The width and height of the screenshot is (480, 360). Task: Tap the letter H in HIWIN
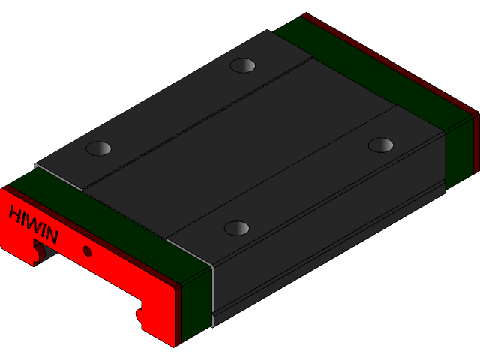tap(15, 213)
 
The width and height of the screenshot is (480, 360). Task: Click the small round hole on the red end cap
tap(88, 251)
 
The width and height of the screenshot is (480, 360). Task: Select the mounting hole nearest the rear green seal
tap(242, 65)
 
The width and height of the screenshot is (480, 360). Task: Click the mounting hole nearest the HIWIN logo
tap(98, 148)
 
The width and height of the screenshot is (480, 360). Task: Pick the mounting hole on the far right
tap(381, 145)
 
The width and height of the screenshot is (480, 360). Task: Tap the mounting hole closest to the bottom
tap(237, 228)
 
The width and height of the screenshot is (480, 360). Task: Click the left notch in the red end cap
tap(37, 253)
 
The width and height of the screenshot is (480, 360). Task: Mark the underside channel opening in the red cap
tap(90, 281)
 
